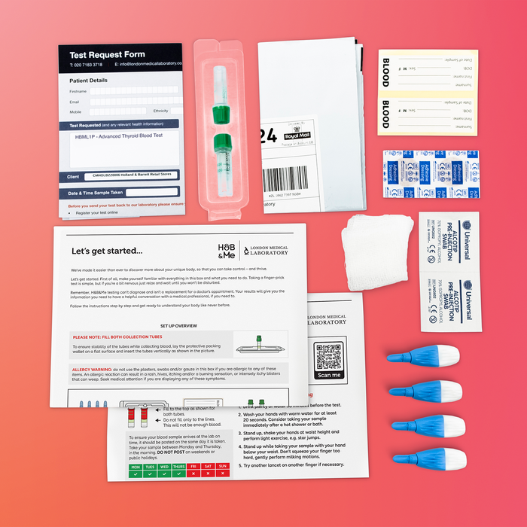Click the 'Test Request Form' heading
(x=108, y=55)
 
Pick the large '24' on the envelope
(x=267, y=136)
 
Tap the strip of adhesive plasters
(x=430, y=176)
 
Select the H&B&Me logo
(x=226, y=251)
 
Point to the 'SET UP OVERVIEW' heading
(x=178, y=326)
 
